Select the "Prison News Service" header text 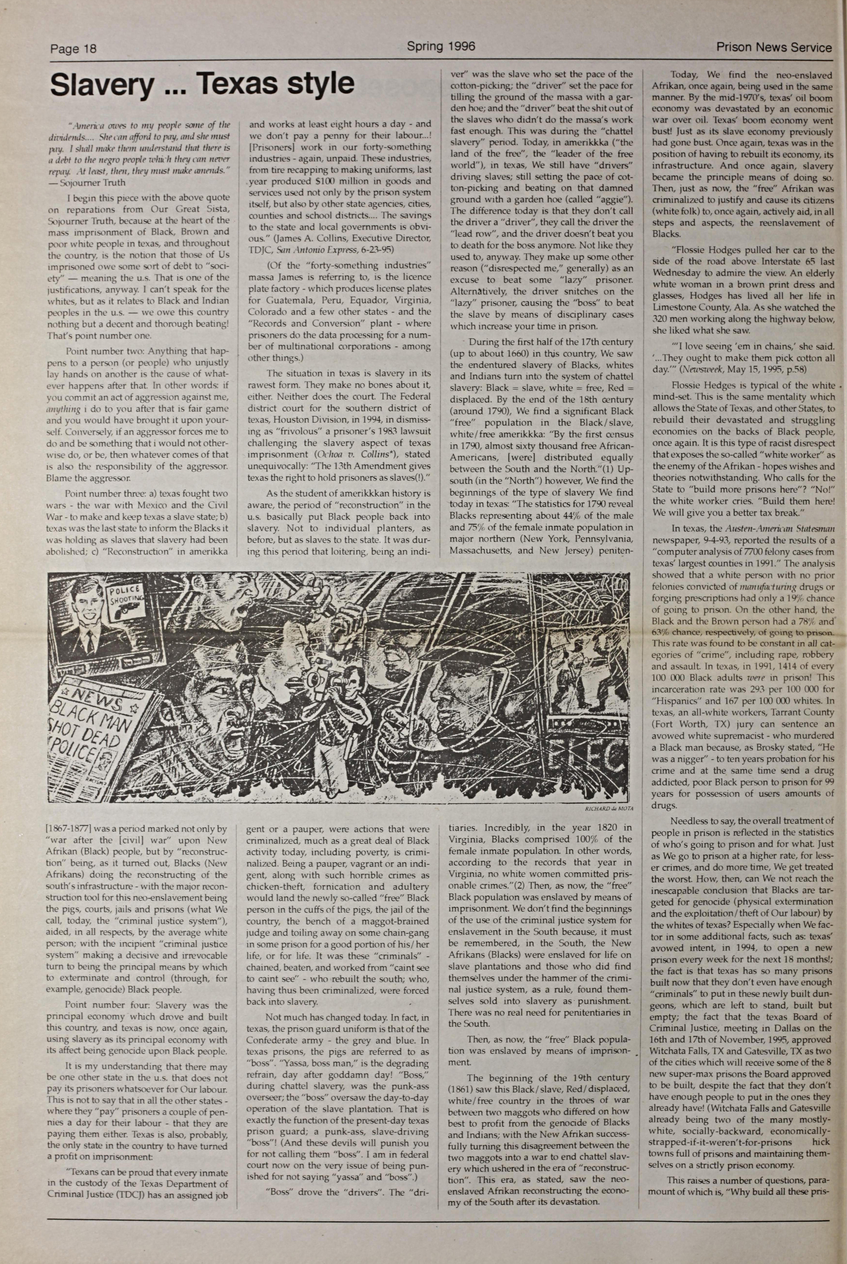(x=774, y=48)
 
